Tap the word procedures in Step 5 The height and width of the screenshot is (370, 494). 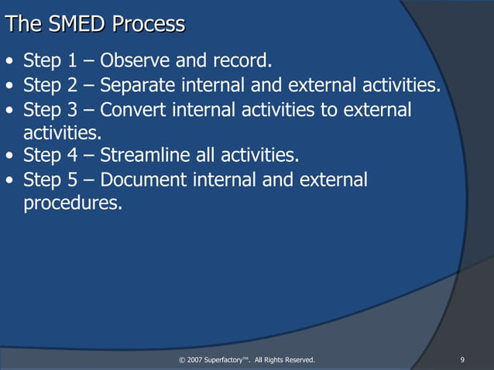73,204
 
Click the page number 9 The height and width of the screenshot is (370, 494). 461,360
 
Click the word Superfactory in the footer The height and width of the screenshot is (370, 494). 228,360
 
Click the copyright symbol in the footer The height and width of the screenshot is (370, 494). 181,360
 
